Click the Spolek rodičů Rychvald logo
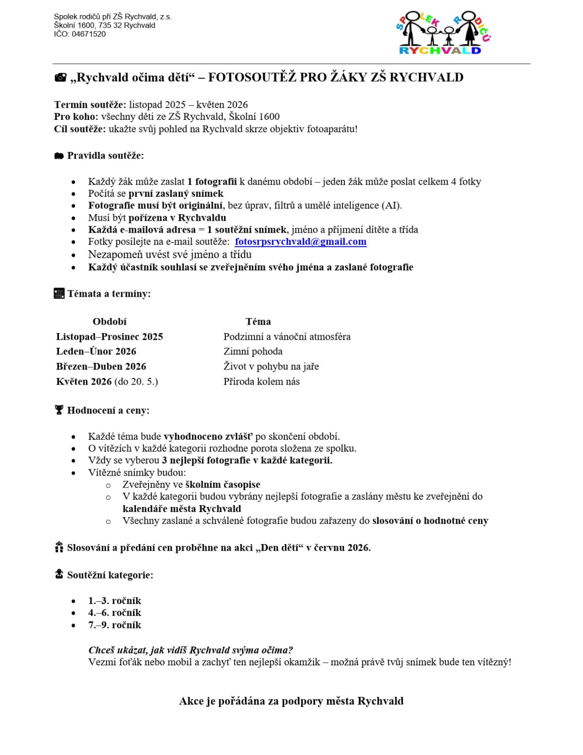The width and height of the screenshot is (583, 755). coord(443,34)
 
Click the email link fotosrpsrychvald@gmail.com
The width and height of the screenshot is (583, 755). coord(300,242)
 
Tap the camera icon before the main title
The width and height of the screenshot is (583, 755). coord(60,77)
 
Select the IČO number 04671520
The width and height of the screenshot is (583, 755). coord(89,34)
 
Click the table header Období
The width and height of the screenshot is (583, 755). coord(109,321)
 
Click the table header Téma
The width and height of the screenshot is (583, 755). coord(258,321)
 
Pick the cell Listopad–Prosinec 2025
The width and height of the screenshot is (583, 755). coord(109,336)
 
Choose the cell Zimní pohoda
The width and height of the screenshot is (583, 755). coord(253,351)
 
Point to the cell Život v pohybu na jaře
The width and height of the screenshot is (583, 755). coord(271,366)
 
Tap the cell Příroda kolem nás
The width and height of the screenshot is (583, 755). coord(261,381)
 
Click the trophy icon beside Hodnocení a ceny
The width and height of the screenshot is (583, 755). coord(59,410)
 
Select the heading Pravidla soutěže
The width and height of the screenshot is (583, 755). coord(105,155)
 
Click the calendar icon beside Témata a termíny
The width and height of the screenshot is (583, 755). coord(59,294)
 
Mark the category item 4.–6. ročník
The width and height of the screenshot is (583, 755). coord(115,612)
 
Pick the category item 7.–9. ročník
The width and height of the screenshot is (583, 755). coord(115,625)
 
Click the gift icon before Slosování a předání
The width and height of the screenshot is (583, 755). coord(59,547)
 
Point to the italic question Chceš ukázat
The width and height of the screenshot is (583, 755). coord(191,650)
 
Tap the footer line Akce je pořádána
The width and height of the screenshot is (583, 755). coord(291,701)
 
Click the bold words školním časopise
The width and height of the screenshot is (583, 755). coord(223,484)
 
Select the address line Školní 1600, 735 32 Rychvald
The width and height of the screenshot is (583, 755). coord(104,25)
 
